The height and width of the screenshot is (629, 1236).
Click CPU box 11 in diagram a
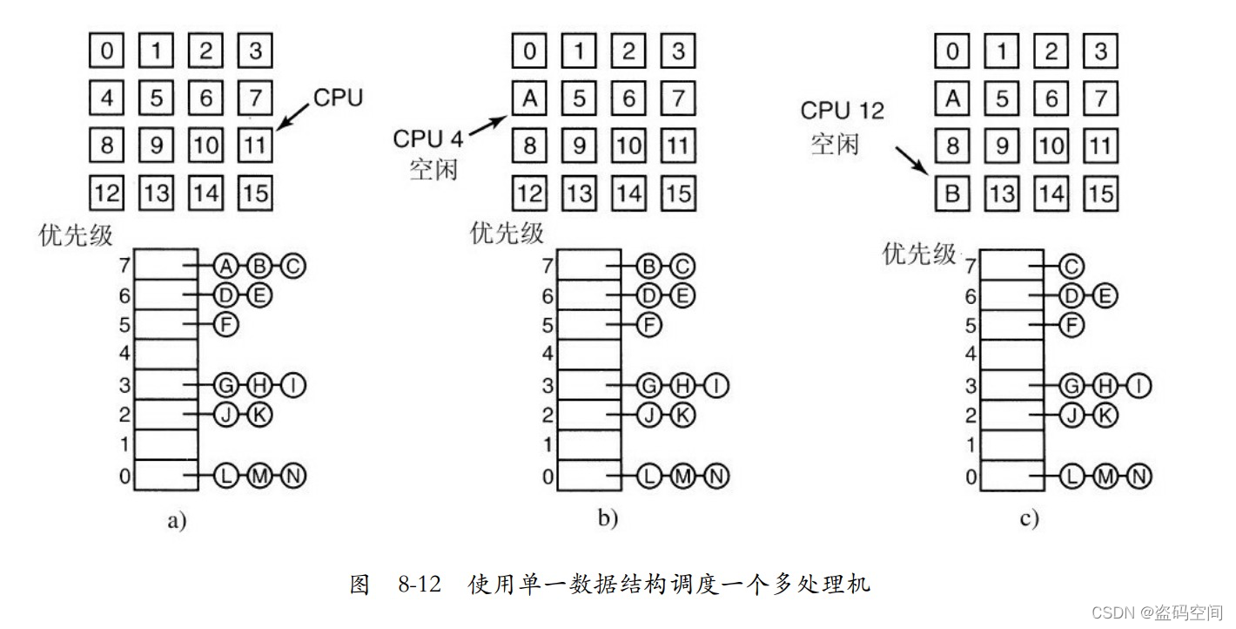pyautogui.click(x=255, y=144)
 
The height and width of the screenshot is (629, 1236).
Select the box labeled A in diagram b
pyautogui.click(x=529, y=98)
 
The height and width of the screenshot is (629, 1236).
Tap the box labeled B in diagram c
pyautogui.click(x=952, y=193)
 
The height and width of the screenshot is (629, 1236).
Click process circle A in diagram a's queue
pyautogui.click(x=225, y=266)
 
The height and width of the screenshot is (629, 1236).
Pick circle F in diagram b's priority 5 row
pyautogui.click(x=648, y=326)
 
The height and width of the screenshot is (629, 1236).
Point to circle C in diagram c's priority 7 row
pyautogui.click(x=1072, y=266)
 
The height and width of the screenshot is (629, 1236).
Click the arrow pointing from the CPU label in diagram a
pyautogui.click(x=293, y=116)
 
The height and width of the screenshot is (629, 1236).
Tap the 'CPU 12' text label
pyautogui.click(x=842, y=111)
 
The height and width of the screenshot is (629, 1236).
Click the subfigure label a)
pyautogui.click(x=177, y=522)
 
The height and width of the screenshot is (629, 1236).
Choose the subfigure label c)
pyautogui.click(x=1029, y=520)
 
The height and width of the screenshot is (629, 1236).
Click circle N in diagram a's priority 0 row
pyautogui.click(x=293, y=476)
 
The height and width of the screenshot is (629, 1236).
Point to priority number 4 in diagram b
pyautogui.click(x=547, y=354)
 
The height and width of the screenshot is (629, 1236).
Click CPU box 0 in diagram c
pyautogui.click(x=952, y=51)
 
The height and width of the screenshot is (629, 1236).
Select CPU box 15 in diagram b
pyautogui.click(x=678, y=192)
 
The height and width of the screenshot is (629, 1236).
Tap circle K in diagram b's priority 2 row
pyautogui.click(x=682, y=416)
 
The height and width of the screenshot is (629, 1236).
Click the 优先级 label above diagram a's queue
pyautogui.click(x=75, y=235)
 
